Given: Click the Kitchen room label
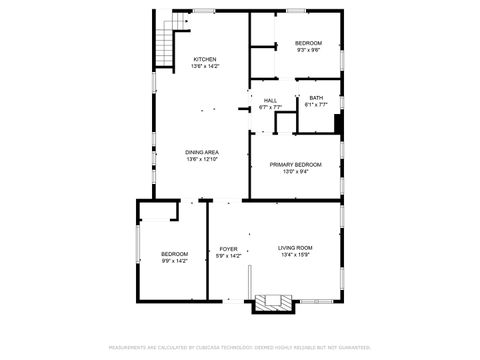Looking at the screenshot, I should [x=204, y=59].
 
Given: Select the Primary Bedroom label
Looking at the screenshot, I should [x=296, y=164].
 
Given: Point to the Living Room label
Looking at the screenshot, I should [x=295, y=247].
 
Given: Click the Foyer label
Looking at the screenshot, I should [x=228, y=249].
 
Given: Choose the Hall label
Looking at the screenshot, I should [x=270, y=100].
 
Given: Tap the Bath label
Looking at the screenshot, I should [x=316, y=97].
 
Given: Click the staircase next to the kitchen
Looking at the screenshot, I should [x=164, y=41].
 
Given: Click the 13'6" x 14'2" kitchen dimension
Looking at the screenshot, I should [x=204, y=66].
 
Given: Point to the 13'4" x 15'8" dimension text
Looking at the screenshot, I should [x=295, y=254].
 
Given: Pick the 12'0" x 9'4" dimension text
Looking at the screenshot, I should [x=296, y=171].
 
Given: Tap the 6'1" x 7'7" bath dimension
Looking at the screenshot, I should [x=316, y=104].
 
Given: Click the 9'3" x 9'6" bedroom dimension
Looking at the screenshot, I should [x=308, y=49].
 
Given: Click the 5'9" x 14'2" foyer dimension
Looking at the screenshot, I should [x=228, y=256].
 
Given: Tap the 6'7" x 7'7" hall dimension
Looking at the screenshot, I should [x=270, y=107].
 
